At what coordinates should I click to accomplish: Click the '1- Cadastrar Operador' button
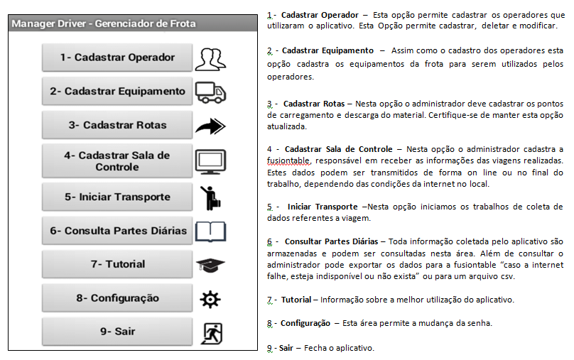[x=117, y=58]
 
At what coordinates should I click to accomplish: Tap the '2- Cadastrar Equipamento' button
[x=117, y=91]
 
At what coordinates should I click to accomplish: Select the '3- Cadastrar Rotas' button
[x=117, y=125]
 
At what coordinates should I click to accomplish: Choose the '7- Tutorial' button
[x=117, y=264]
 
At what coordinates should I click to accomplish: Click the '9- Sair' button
[x=117, y=332]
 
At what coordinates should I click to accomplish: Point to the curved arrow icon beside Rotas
[x=210, y=126]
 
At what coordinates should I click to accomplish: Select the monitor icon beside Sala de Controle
[x=210, y=161]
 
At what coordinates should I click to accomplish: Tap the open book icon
[x=210, y=231]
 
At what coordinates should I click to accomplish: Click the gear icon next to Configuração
[x=210, y=299]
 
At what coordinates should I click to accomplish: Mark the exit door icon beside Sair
[x=210, y=332]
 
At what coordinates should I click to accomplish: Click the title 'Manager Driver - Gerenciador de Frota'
[x=104, y=23]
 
